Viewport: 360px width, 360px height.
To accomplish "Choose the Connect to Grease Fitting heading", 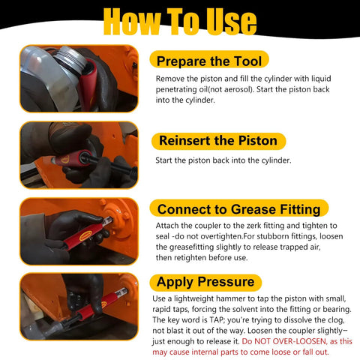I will tap(238, 209).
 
